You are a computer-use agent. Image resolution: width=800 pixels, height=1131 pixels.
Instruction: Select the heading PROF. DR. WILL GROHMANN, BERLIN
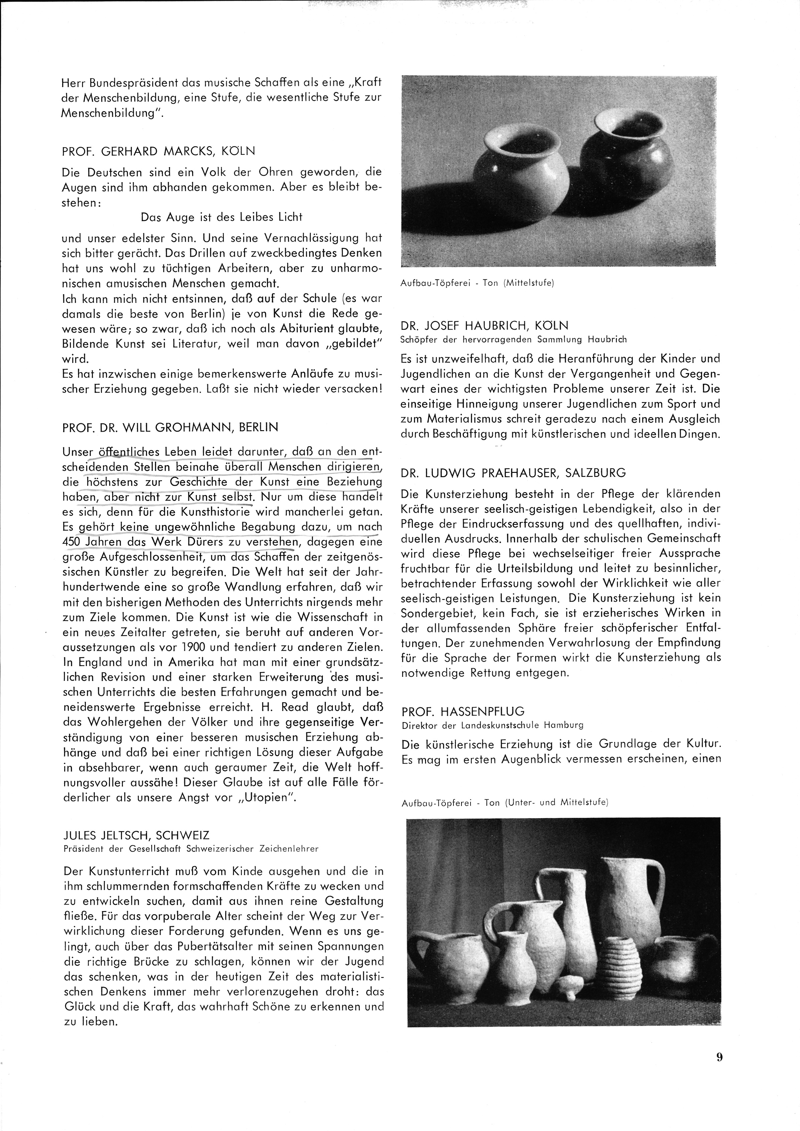pyautogui.click(x=170, y=427)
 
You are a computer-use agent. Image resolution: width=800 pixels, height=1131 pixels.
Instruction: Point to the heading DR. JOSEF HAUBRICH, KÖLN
pyautogui.click(x=485, y=326)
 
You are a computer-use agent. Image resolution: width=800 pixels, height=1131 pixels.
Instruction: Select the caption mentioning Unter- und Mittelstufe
pyautogui.click(x=505, y=802)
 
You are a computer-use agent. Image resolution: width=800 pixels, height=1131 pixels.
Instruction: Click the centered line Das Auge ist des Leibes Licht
pyautogui.click(x=221, y=217)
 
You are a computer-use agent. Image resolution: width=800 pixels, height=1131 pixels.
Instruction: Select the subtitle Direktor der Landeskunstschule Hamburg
pyautogui.click(x=492, y=725)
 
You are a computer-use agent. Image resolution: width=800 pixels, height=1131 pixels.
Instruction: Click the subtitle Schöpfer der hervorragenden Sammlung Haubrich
pyautogui.click(x=514, y=339)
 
